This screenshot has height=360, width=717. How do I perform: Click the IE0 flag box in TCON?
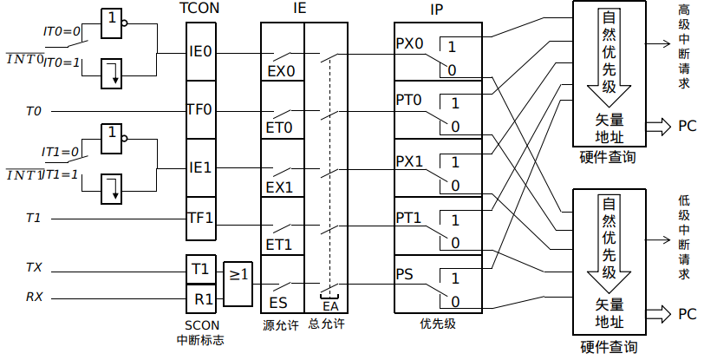200,51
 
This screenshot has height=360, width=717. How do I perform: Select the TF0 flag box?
200,110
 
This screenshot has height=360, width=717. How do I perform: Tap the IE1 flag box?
200,167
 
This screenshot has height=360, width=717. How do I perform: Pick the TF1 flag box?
200,218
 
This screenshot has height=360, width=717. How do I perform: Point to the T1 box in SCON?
200,269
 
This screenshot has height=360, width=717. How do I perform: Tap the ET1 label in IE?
279,245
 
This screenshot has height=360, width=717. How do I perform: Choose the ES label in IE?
278,303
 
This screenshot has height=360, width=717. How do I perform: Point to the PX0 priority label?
410,43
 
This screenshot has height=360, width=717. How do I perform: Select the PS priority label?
405,275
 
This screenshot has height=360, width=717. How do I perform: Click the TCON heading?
200,9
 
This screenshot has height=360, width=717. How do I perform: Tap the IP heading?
437,9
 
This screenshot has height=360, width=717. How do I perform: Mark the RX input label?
34,298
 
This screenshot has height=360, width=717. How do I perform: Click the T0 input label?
34,111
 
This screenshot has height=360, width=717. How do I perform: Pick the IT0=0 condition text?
62,31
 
